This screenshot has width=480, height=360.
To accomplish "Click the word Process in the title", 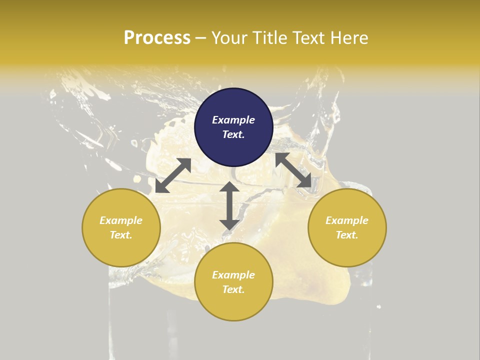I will click(x=157, y=38).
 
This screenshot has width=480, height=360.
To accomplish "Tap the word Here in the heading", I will click(x=348, y=38).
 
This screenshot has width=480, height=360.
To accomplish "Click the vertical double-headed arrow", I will click(x=229, y=206).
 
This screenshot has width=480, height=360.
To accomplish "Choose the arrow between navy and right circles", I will click(x=293, y=170).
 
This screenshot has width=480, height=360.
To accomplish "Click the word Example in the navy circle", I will click(x=233, y=120).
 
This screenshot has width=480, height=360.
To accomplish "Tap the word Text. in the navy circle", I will click(x=233, y=134).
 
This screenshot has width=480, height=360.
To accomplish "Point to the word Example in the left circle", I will click(x=121, y=220).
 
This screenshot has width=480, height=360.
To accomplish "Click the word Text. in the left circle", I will click(x=121, y=235).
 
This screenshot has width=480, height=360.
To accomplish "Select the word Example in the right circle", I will click(x=347, y=220).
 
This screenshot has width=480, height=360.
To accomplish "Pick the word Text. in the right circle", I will click(x=347, y=235).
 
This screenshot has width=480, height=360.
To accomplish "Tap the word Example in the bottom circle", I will click(x=233, y=275).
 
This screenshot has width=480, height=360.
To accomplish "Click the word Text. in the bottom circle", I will click(x=233, y=289).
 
